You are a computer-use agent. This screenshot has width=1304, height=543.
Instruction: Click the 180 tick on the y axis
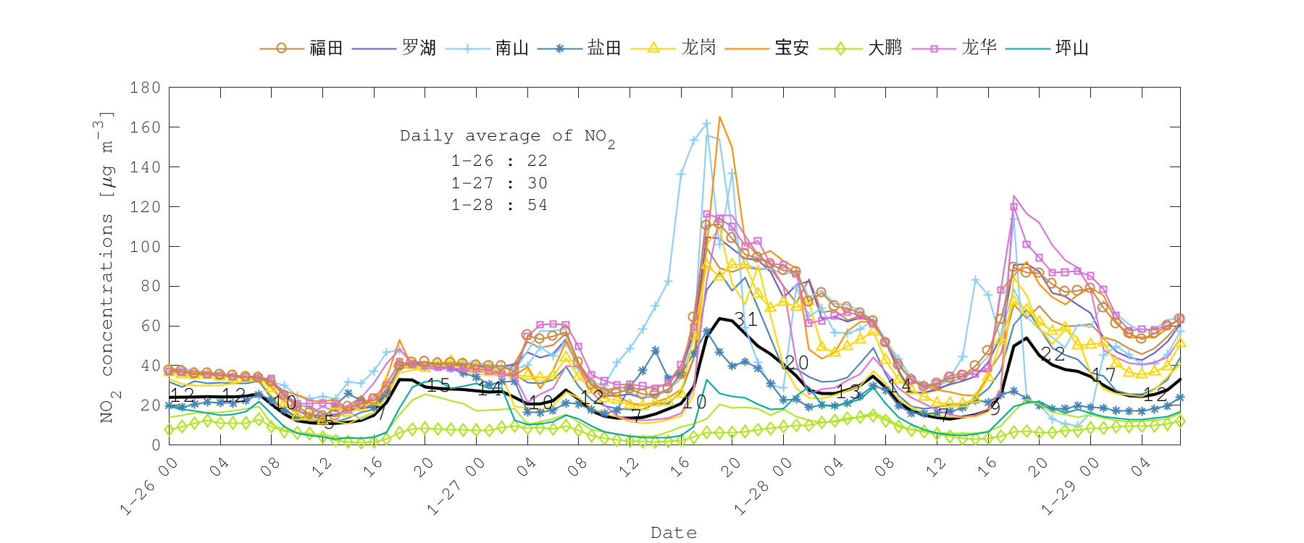(x=145, y=88)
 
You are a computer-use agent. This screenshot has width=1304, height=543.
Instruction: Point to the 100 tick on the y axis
(x=145, y=246)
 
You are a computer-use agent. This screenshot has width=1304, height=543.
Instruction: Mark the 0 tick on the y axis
(x=156, y=445)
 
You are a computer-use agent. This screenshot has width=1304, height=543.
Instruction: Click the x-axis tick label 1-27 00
(x=455, y=487)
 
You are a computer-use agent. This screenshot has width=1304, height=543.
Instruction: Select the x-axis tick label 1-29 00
(x=1070, y=487)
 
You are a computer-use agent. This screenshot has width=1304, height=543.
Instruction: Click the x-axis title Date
(x=674, y=533)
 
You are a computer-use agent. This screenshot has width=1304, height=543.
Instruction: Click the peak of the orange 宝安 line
(x=719, y=117)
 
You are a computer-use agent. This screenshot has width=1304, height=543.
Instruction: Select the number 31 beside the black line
(x=745, y=319)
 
